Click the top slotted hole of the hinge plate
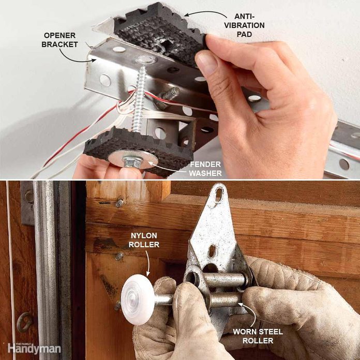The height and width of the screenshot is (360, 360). (219, 194)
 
